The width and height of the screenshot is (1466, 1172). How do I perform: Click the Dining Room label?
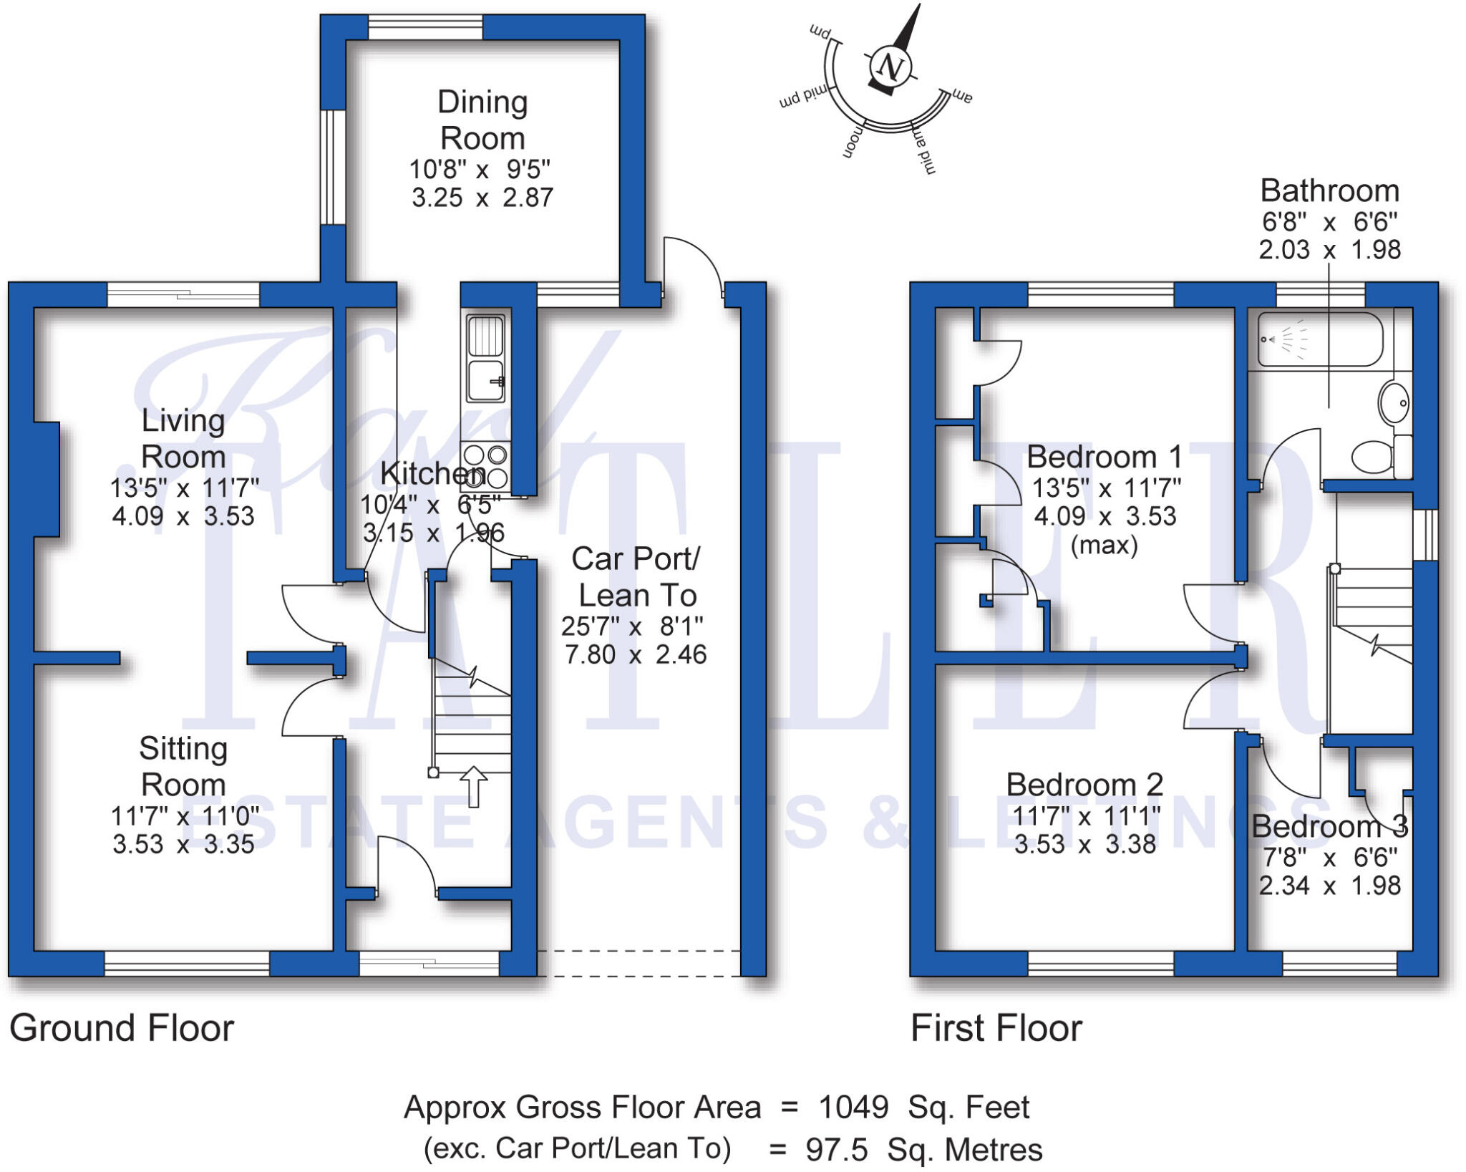[x=482, y=120]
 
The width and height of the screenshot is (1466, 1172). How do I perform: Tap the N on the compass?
[x=890, y=67]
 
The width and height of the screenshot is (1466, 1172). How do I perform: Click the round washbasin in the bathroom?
[x=1394, y=403]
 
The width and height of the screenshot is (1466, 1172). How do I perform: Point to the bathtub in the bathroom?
[x=1320, y=339]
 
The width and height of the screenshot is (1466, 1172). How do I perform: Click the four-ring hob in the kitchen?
[x=485, y=466]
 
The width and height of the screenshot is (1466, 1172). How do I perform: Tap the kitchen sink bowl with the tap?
[x=485, y=381]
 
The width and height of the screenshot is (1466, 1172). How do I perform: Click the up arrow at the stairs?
[x=472, y=786]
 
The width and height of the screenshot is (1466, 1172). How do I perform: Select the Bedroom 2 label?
[x=1084, y=784]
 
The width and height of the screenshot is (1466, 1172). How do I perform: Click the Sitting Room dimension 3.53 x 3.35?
[x=183, y=844]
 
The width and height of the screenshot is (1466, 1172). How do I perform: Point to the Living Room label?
[x=183, y=438]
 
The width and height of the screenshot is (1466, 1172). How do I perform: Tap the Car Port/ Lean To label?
[x=636, y=577]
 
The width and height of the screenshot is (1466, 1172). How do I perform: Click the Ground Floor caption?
[x=122, y=1028]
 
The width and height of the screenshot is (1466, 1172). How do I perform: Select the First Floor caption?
[x=996, y=1028]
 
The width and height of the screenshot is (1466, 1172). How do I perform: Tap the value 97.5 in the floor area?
[x=837, y=1150]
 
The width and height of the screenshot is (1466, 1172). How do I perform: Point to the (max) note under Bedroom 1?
[x=1104, y=546]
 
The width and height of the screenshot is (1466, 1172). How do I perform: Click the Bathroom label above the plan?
[x=1329, y=191]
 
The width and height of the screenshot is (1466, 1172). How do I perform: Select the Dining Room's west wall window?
[x=332, y=168]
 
